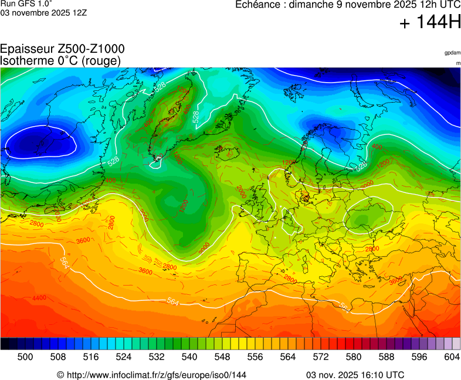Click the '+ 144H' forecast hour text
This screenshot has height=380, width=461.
(430, 23)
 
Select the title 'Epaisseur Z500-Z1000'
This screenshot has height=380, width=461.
(62, 49)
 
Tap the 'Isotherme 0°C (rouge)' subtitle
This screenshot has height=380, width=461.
(60, 60)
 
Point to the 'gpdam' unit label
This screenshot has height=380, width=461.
(452, 53)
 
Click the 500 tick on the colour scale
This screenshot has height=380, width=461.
(25, 356)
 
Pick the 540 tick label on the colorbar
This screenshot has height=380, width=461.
(189, 356)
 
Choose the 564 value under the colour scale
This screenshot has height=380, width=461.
(288, 356)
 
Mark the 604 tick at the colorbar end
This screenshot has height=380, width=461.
(452, 356)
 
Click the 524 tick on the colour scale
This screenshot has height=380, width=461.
(124, 356)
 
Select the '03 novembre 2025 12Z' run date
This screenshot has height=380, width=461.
(43, 12)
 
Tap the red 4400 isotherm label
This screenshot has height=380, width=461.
(39, 298)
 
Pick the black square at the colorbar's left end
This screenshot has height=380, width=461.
(4, 344)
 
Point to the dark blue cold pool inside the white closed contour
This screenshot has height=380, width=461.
(38, 142)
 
